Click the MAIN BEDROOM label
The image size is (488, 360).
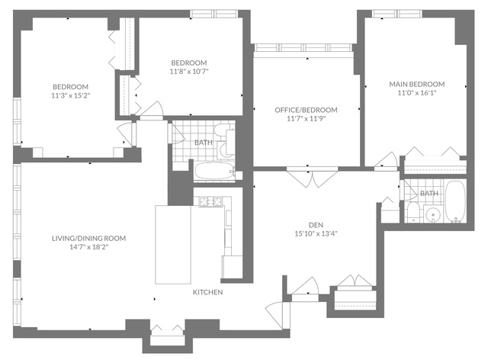coord(417,84)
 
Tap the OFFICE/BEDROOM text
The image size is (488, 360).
coord(306,110)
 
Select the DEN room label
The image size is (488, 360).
coord(316,225)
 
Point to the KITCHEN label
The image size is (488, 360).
coord(208,292)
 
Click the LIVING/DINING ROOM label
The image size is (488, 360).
coord(88,239)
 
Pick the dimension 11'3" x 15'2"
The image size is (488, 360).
coord(71,95)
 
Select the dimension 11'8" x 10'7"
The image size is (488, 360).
coord(189,72)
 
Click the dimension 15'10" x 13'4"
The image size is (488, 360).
coord(316,233)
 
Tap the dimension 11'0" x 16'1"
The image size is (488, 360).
coord(417,93)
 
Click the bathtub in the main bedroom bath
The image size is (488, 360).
coord(455,201)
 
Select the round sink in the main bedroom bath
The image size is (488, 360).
coord(432,214)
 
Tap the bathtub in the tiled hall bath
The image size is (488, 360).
coord(215,171)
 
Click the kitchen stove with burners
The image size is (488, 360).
coord(211,202)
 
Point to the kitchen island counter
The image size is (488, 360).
coord(173,245)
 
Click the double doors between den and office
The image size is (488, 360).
coord(312,178)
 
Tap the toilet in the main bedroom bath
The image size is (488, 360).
coord(413,211)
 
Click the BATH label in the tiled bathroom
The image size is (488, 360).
coord(204,143)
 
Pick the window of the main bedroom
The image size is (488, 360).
coord(397,14)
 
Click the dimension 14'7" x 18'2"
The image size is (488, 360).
coord(88,247)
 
